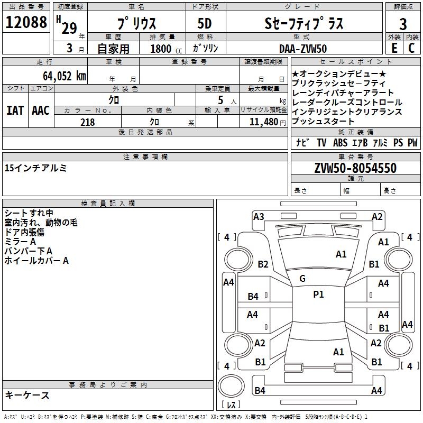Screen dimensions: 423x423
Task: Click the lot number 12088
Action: (26, 22)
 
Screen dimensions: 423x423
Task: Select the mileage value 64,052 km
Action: (65, 76)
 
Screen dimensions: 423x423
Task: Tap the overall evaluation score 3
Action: (403, 24)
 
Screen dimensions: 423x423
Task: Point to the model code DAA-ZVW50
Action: (303, 49)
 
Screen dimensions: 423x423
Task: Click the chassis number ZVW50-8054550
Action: (355, 168)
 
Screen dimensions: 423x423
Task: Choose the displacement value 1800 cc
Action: (166, 49)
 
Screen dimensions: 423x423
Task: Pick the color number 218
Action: (87, 122)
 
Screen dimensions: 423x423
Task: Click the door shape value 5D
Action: (205, 24)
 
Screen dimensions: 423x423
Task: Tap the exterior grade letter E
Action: (394, 48)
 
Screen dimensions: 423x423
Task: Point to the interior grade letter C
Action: (411, 48)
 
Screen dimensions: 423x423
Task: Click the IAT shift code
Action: (15, 111)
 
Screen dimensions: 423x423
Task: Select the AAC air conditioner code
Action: (41, 111)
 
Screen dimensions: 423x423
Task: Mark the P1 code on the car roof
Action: (318, 295)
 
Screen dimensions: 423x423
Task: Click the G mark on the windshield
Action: (302, 279)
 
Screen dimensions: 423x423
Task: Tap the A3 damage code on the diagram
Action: (259, 217)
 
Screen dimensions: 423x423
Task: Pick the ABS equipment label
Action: (340, 142)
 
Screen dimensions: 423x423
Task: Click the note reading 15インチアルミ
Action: (35, 168)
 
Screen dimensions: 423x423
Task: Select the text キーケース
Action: (27, 395)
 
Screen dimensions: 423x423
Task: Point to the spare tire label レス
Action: (231, 404)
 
